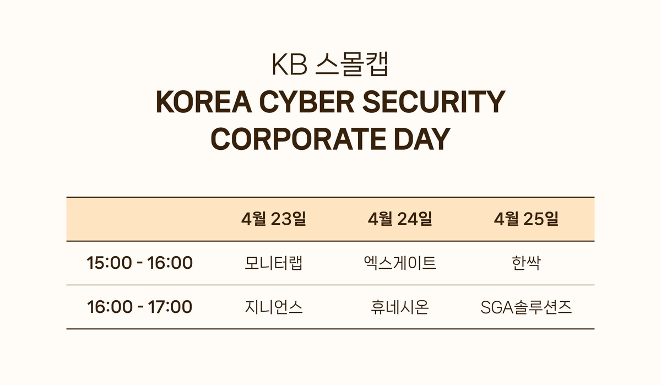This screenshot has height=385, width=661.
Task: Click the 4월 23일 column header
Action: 274,219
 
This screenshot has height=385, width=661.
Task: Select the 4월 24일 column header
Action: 400,219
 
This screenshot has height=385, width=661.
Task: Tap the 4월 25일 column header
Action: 526,219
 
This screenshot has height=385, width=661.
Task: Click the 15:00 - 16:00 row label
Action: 139,263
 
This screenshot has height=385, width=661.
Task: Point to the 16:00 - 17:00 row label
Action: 139,307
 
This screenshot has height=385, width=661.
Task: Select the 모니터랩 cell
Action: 274,263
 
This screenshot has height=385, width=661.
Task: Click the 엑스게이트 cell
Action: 400,263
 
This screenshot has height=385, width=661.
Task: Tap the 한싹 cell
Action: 526,263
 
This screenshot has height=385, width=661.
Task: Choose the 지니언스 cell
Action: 274,307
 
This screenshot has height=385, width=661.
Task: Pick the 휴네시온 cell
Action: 400,307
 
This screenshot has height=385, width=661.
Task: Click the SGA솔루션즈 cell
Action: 526,307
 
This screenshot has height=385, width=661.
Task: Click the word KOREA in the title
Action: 204,102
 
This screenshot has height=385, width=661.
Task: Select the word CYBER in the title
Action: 307,102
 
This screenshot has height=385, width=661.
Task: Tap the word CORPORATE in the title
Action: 298,139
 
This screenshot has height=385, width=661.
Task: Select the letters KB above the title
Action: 290,64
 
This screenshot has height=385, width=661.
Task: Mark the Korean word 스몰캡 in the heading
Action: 352,64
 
